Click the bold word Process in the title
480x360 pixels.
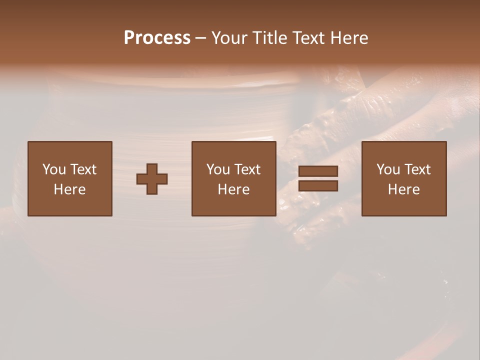(x=157, y=38)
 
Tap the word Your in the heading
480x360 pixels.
(x=230, y=38)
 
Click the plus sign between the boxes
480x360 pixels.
(x=152, y=179)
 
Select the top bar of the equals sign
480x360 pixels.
(x=318, y=171)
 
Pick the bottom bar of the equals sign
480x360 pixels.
(x=318, y=186)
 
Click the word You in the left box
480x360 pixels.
(x=54, y=169)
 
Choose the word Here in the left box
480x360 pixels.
(x=69, y=189)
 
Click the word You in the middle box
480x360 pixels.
(x=218, y=169)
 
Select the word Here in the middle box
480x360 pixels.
(x=233, y=189)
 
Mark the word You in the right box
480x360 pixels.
(x=388, y=169)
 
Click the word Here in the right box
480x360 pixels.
(x=403, y=189)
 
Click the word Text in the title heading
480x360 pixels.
(x=307, y=38)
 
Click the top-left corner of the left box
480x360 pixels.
(x=28, y=142)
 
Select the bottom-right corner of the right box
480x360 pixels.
(x=445, y=215)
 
